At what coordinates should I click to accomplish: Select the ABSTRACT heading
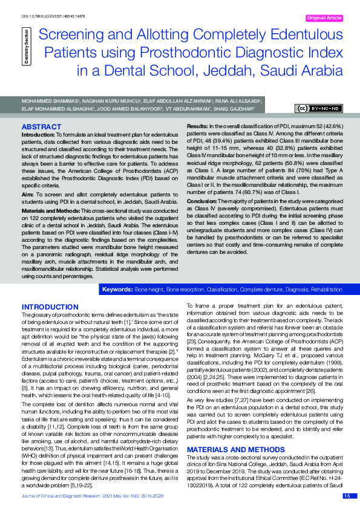41,127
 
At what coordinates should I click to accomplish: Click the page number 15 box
347,496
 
